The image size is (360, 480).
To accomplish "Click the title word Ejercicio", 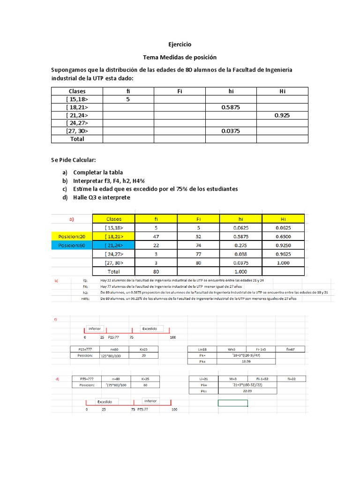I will [x=180, y=45].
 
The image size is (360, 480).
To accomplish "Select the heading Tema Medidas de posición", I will [x=180, y=57].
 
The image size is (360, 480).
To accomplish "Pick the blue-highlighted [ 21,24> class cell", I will [x=114, y=245].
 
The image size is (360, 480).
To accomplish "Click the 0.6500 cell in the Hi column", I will [x=283, y=236].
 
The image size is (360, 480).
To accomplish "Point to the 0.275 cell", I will [x=241, y=245].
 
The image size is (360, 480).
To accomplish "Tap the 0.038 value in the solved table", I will [x=241, y=254].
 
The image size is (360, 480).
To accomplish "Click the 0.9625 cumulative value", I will [x=283, y=254].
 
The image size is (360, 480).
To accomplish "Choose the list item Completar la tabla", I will [x=97, y=172].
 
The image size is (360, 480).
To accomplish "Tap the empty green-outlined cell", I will [x=232, y=403].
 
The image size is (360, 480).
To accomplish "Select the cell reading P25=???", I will [x=82, y=349].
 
